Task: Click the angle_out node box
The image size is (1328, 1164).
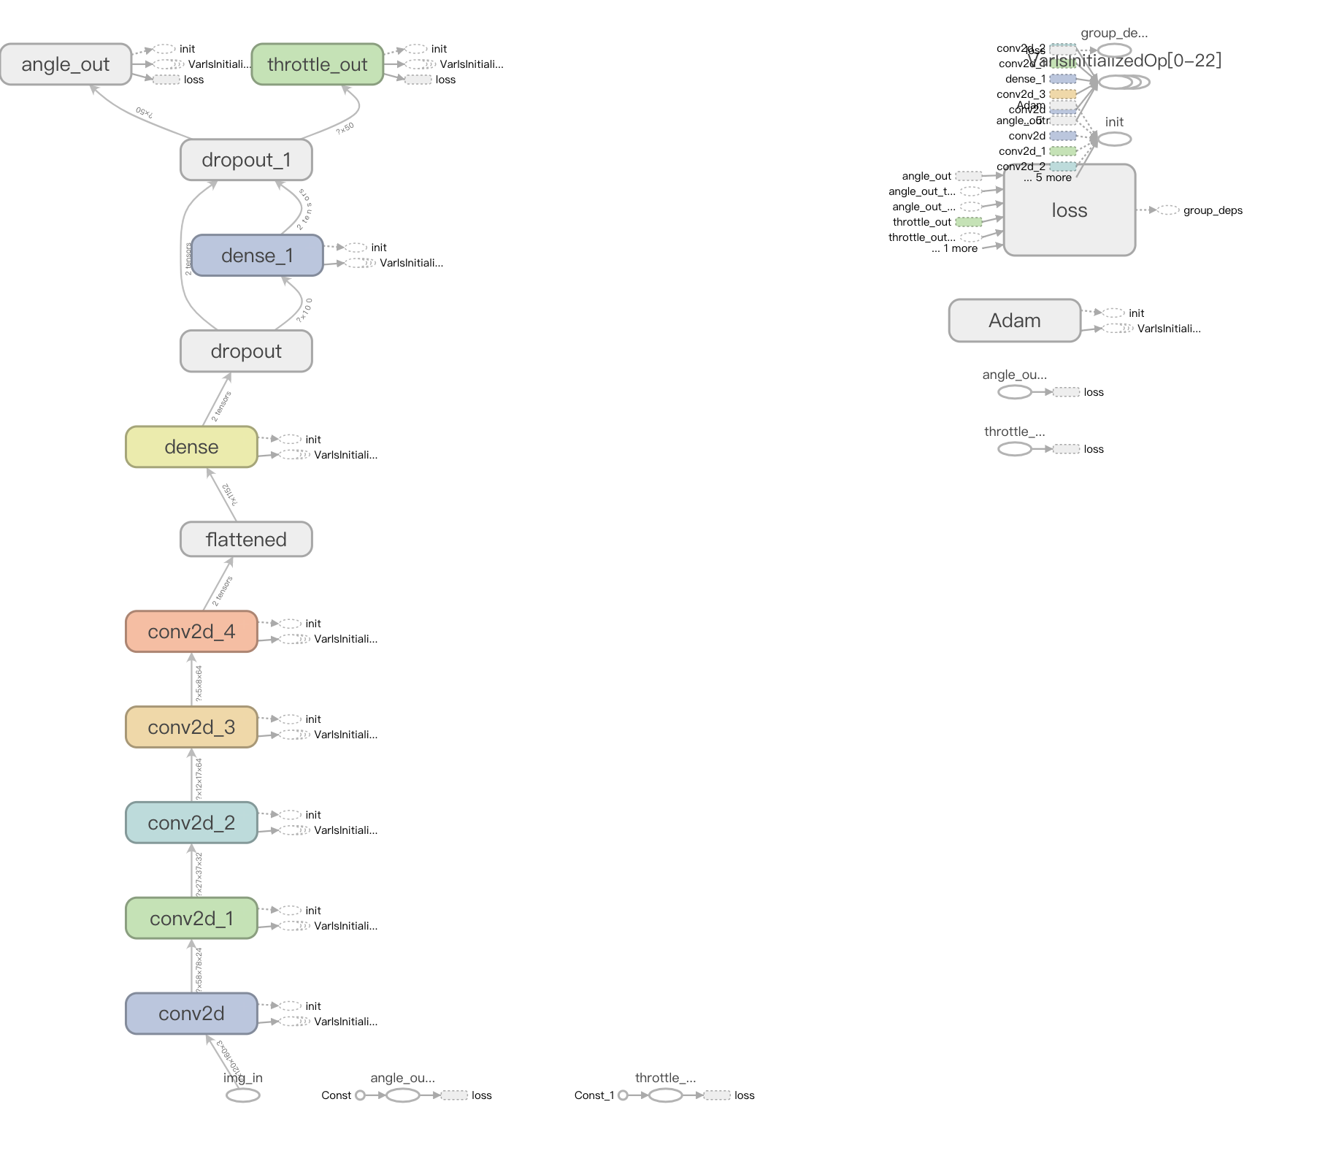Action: pyautogui.click(x=66, y=64)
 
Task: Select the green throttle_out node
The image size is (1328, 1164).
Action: pyautogui.click(x=317, y=64)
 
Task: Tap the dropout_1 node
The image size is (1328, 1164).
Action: pyautogui.click(x=246, y=160)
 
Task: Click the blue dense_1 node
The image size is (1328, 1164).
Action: pyautogui.click(x=257, y=256)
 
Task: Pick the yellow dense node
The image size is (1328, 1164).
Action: pyautogui.click(x=191, y=447)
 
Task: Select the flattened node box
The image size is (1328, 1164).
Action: pyautogui.click(x=246, y=540)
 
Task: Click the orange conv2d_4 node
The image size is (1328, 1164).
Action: pyautogui.click(x=191, y=632)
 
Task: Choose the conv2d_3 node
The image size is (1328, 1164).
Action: pyautogui.click(x=191, y=727)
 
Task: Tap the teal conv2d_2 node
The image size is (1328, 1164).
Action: pyautogui.click(x=191, y=823)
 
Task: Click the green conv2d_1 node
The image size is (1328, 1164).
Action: pyautogui.click(x=191, y=919)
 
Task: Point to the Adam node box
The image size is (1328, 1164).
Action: pyautogui.click(x=1014, y=321)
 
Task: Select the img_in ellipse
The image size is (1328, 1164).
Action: pyautogui.click(x=243, y=1095)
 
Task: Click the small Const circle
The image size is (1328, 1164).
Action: pyautogui.click(x=360, y=1095)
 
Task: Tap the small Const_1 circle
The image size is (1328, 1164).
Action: pyautogui.click(x=623, y=1095)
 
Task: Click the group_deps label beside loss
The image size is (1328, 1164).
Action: pyautogui.click(x=1213, y=210)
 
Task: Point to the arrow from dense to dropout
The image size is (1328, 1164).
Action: pyautogui.click(x=218, y=399)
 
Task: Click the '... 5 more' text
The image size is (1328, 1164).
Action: pyautogui.click(x=1048, y=178)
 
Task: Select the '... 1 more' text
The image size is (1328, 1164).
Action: pyautogui.click(x=955, y=248)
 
